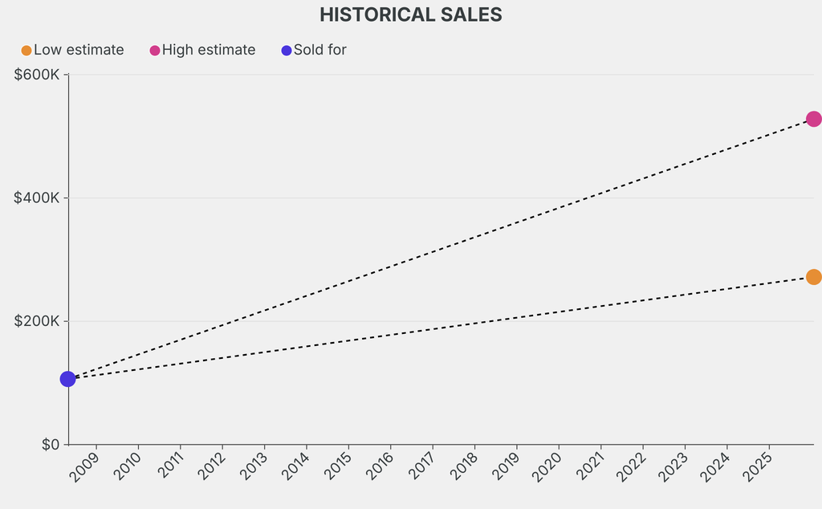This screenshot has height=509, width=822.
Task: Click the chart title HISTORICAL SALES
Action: coord(410,14)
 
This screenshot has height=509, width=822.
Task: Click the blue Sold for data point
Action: coord(67,379)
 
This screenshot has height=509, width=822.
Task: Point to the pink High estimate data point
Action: coord(813,119)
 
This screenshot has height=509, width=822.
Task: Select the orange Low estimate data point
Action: coord(813,277)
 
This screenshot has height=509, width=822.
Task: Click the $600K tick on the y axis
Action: coord(37,75)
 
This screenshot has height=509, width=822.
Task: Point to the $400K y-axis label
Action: coord(37,198)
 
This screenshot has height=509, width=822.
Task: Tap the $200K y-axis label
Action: coord(37,321)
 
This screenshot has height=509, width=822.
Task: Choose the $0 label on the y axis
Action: coord(51,445)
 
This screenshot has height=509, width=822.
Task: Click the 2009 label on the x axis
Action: coord(84,467)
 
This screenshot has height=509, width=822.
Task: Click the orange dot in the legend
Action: coord(26,51)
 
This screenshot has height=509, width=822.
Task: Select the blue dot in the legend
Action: coord(287,51)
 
